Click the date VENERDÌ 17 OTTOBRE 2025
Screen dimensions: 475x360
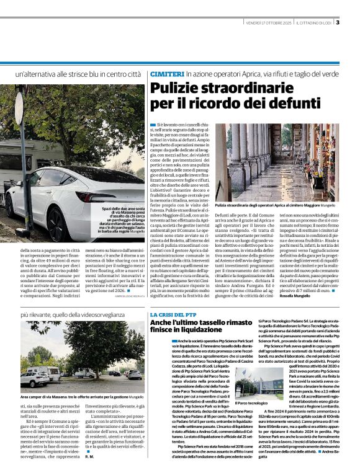tap(269, 24)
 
